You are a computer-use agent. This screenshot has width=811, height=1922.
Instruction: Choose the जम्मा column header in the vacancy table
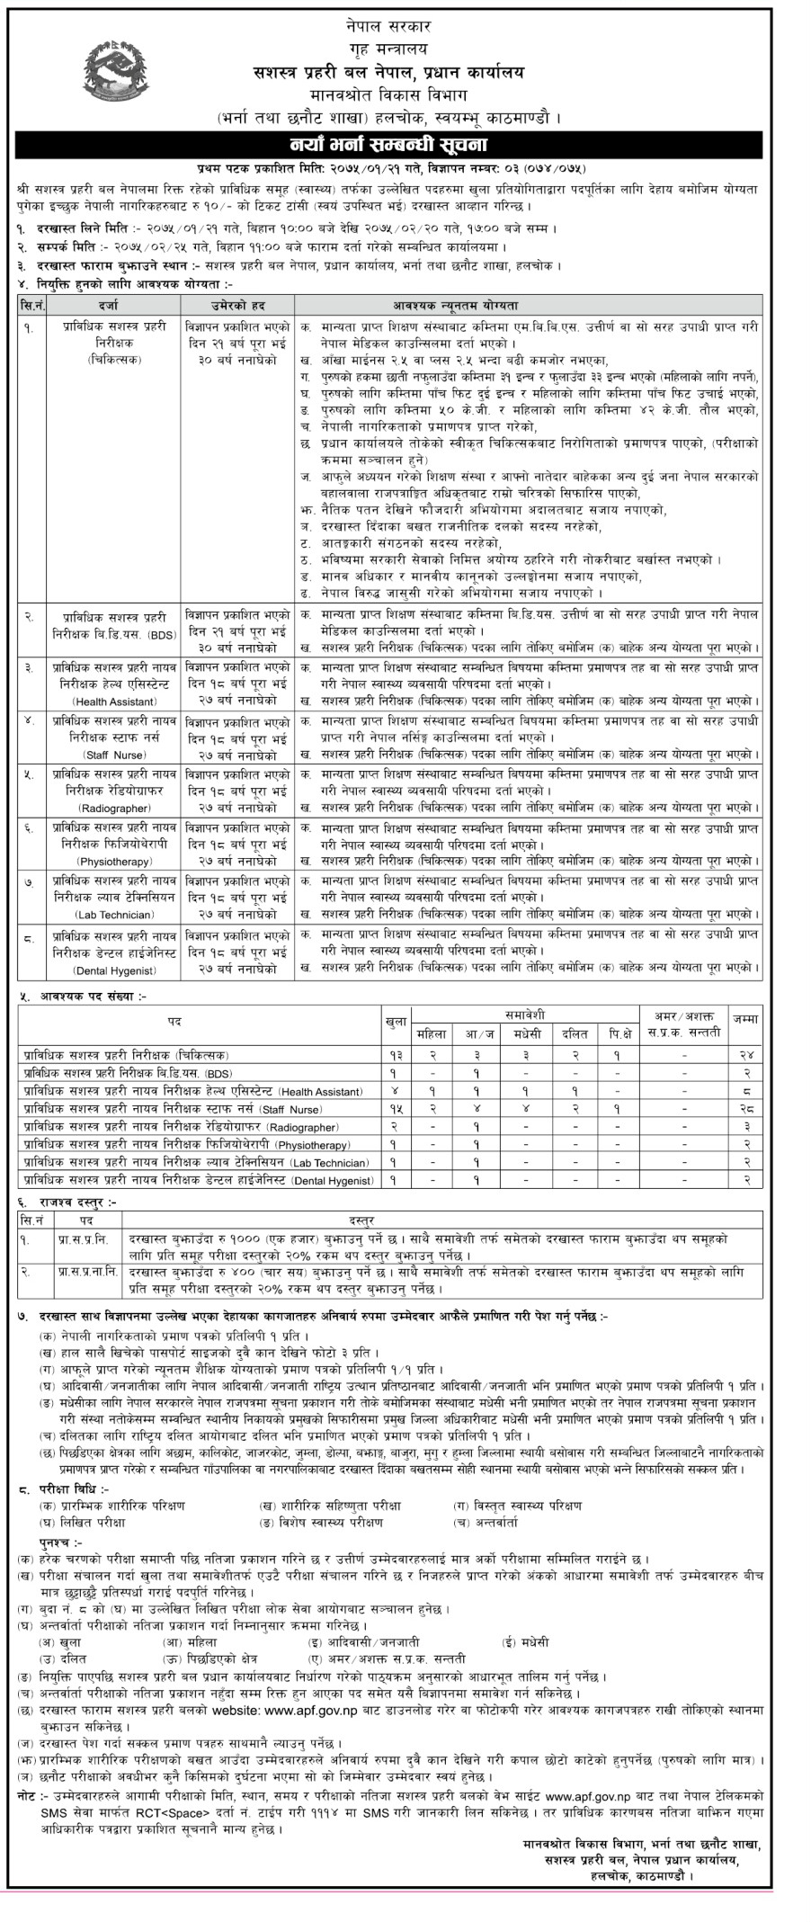click(x=745, y=1022)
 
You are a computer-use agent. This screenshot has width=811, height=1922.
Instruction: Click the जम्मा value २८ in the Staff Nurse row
click(x=745, y=1110)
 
